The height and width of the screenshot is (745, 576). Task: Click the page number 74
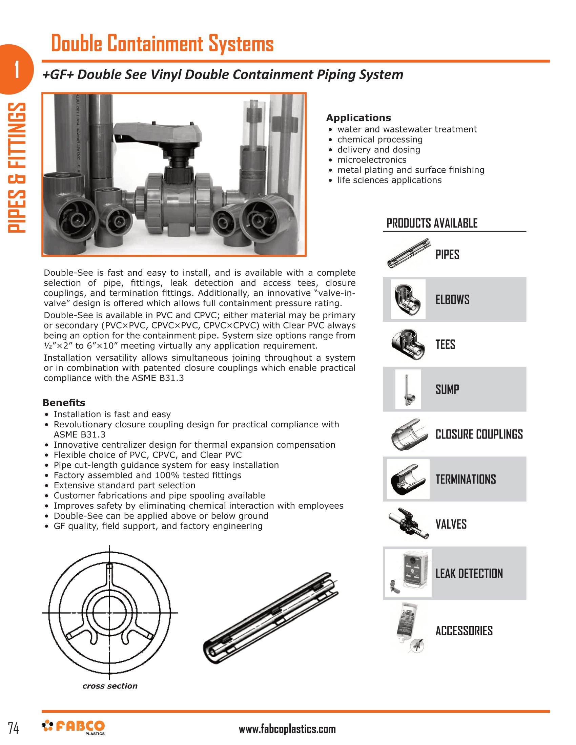click(x=13, y=728)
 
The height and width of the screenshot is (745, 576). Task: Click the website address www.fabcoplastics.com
click(x=287, y=729)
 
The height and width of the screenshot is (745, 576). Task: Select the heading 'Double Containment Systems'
click(x=162, y=43)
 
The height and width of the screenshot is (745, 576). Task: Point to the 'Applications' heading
click(x=358, y=118)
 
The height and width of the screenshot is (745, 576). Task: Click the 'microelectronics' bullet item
click(x=372, y=159)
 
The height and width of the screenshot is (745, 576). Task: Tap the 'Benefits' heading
click(x=64, y=403)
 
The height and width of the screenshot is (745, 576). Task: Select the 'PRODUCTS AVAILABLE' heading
click(x=432, y=223)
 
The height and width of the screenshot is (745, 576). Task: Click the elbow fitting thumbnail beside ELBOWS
click(x=408, y=299)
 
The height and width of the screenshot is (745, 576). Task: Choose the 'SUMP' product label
click(x=447, y=389)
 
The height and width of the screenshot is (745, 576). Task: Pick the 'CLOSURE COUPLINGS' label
click(x=479, y=434)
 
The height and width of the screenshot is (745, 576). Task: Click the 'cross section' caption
click(x=110, y=686)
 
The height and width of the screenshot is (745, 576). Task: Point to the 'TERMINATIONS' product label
click(x=466, y=479)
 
